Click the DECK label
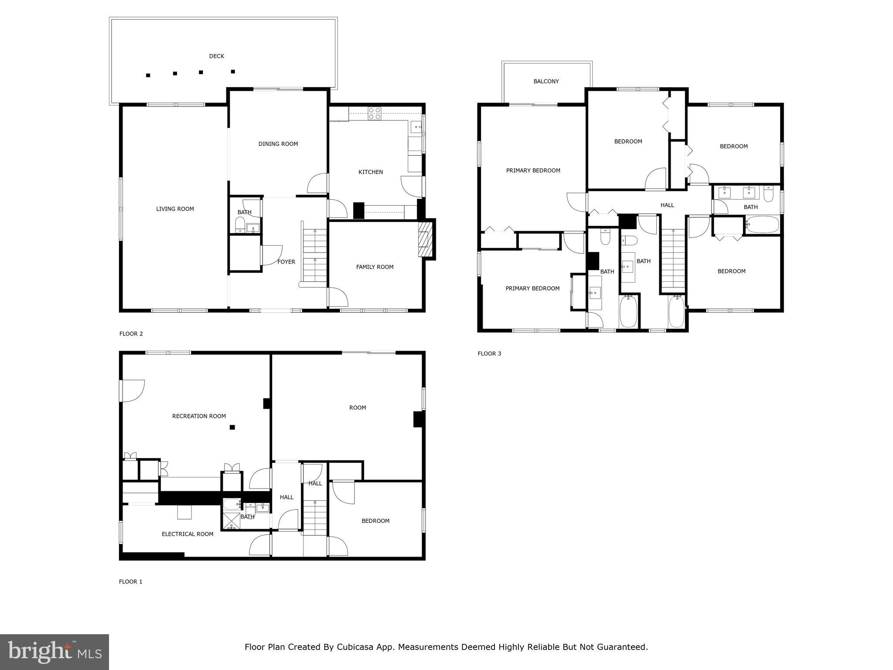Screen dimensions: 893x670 click(217, 56)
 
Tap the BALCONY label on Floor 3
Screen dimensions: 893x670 click(546, 82)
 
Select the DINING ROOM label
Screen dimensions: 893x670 click(278, 144)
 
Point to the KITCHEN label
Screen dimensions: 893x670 click(371, 172)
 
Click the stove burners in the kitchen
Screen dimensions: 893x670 click(375, 113)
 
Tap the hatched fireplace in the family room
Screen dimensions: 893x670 click(425, 239)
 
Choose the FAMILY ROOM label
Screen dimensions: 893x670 click(375, 267)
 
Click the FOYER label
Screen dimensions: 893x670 click(286, 262)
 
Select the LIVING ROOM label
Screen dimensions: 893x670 click(175, 209)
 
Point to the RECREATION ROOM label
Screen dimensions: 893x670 click(199, 416)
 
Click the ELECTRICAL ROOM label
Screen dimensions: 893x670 click(187, 534)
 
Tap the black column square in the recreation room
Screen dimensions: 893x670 click(232, 427)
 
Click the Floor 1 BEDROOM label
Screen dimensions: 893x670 click(375, 521)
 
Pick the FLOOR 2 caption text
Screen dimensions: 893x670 click(131, 334)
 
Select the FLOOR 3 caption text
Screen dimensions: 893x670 click(489, 354)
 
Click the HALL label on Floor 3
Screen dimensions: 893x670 click(667, 205)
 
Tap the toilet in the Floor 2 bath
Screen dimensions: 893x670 click(240, 225)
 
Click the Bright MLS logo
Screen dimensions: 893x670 click(55, 652)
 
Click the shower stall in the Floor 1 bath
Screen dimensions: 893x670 click(232, 521)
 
